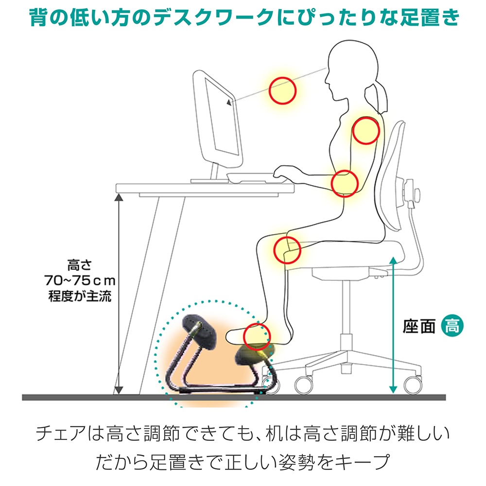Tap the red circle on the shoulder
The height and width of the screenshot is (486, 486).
(366, 117)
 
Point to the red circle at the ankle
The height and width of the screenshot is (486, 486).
(257, 323)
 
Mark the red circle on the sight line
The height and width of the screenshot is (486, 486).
(282, 77)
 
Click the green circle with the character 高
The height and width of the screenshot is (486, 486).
(452, 326)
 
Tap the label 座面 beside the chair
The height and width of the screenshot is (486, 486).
(419, 327)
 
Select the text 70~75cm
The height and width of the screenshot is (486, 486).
(80, 280)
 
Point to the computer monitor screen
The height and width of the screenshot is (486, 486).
(222, 118)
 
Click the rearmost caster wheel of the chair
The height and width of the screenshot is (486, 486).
(413, 384)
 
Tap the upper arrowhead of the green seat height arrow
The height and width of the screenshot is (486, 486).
(393, 260)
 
